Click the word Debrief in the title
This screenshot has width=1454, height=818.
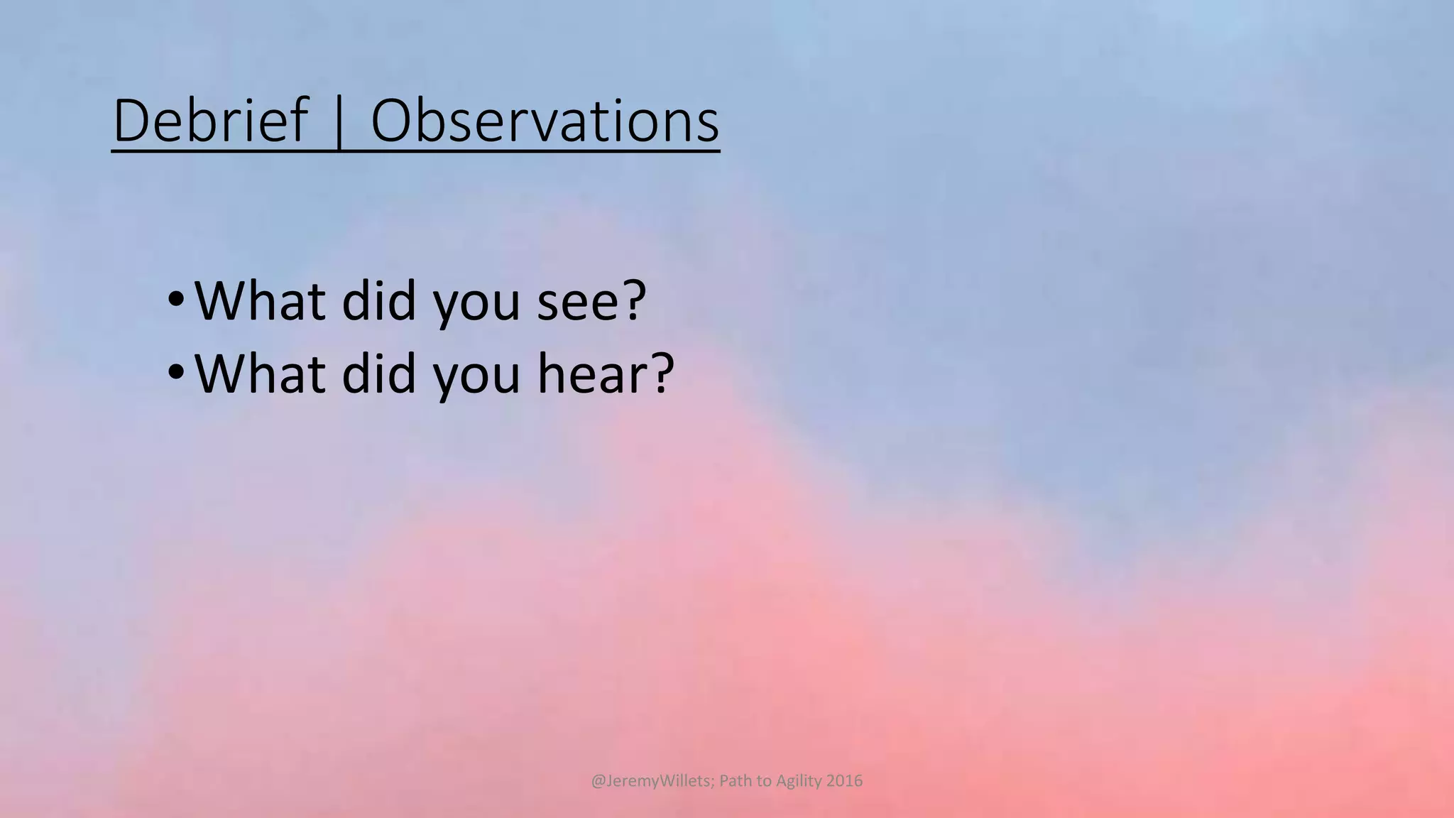[x=211, y=121]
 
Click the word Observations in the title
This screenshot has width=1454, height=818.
[x=545, y=121]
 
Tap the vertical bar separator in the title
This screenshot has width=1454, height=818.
[x=339, y=122]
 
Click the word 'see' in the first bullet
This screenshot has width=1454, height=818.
[x=581, y=301]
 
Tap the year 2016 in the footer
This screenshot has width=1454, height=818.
[x=844, y=781]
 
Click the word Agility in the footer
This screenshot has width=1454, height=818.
[x=799, y=781]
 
